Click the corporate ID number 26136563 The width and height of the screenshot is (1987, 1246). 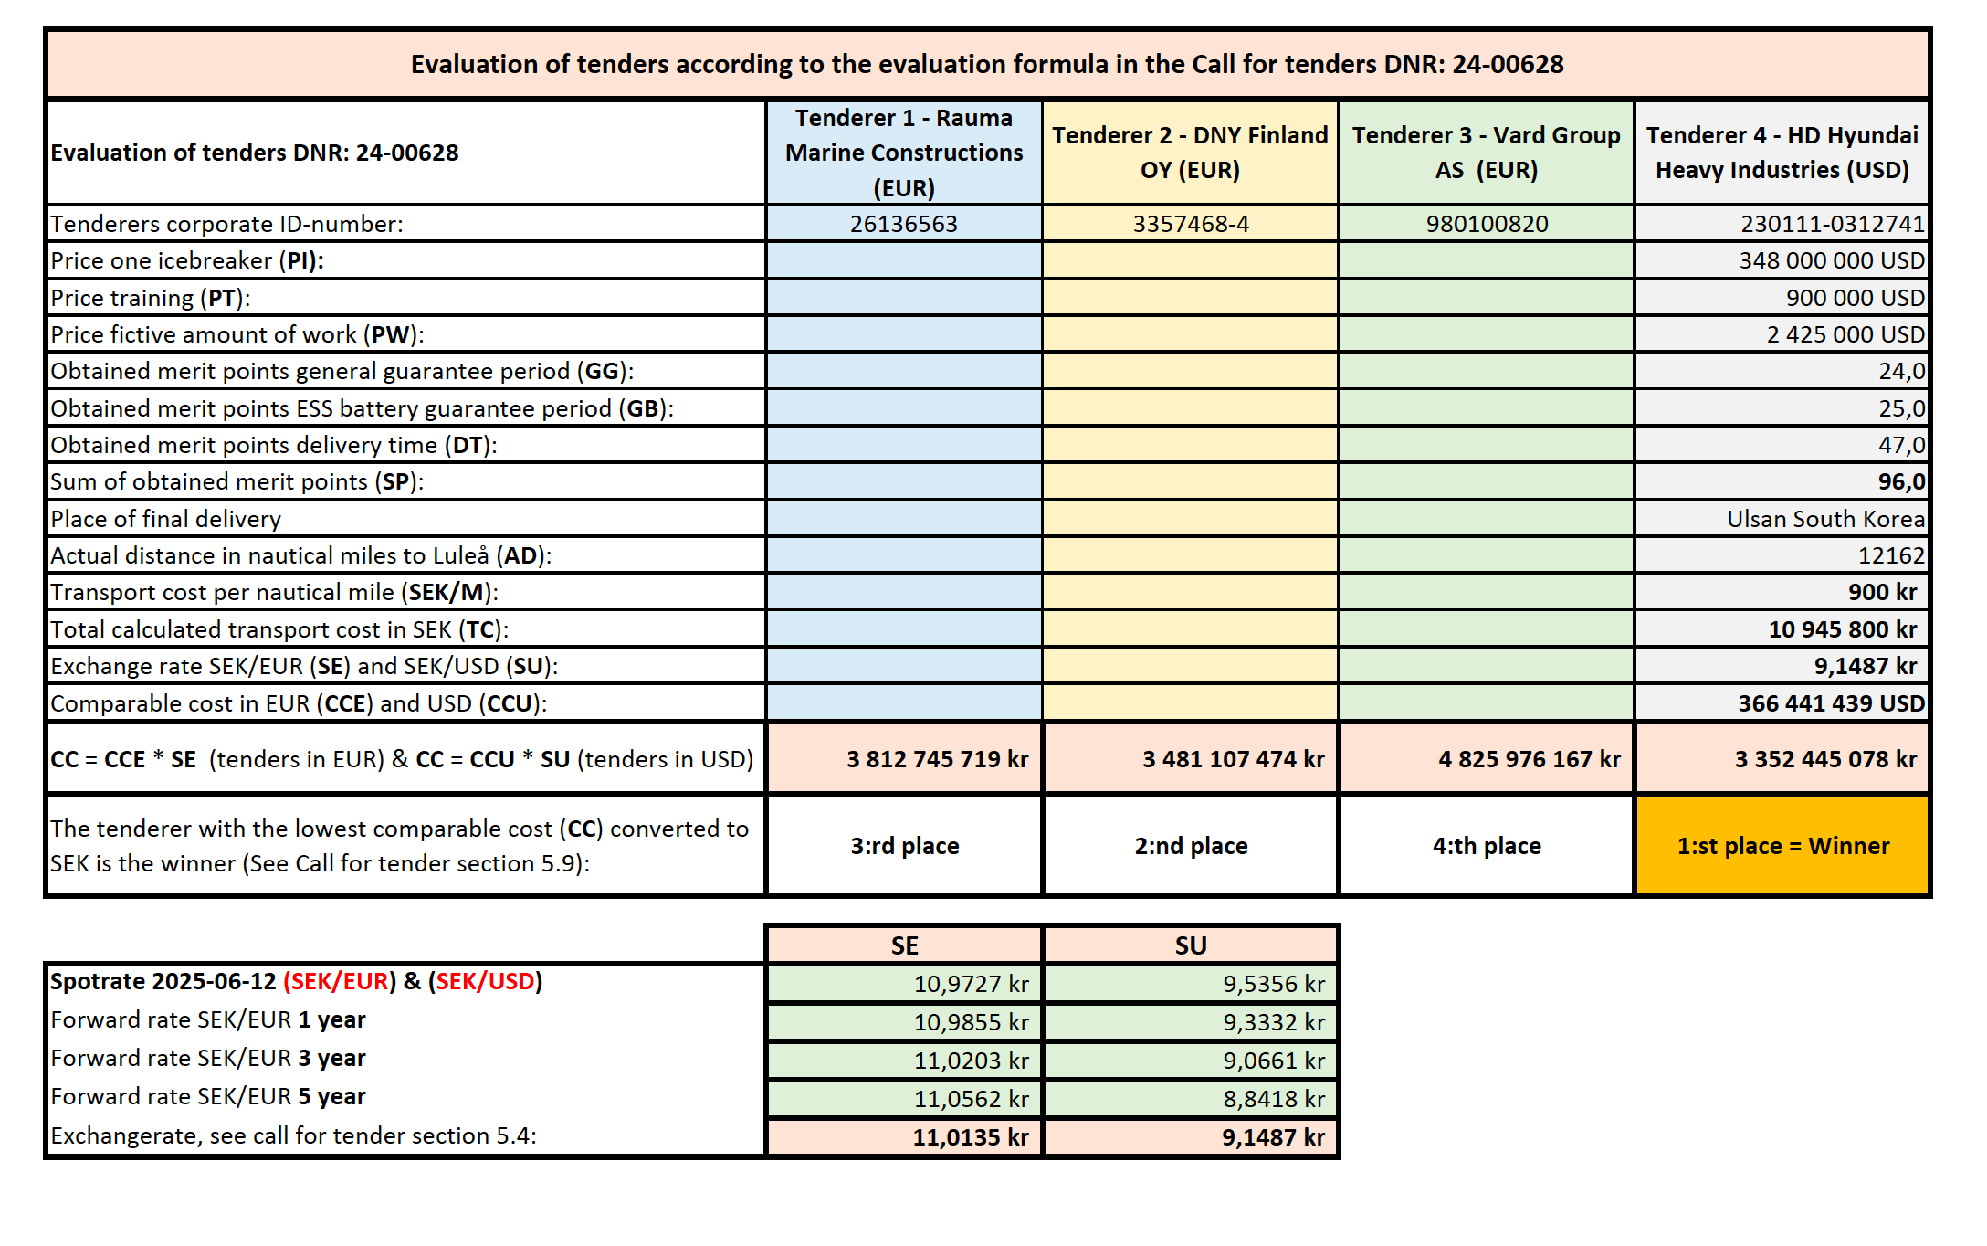pyautogui.click(x=903, y=224)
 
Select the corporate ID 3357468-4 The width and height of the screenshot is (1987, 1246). pyautogui.click(x=1190, y=224)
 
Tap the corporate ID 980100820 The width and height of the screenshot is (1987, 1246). pyautogui.click(x=1487, y=224)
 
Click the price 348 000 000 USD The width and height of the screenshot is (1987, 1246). pyautogui.click(x=1831, y=261)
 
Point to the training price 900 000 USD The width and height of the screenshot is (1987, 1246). pyautogui.click(x=1855, y=298)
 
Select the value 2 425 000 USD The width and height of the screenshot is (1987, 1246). pyautogui.click(x=1845, y=334)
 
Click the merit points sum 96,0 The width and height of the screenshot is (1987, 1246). pyautogui.click(x=1901, y=481)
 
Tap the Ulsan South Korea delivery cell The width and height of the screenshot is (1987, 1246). pyautogui.click(x=1825, y=519)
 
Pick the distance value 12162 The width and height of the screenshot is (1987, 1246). pyautogui.click(x=1890, y=555)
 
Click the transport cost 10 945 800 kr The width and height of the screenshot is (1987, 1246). pyautogui.click(x=1842, y=629)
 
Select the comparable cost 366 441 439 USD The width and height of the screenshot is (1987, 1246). pyautogui.click(x=1831, y=703)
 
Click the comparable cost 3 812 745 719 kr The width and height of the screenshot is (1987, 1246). pyautogui.click(x=937, y=759)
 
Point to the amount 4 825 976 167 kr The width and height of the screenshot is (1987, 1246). pyautogui.click(x=1529, y=759)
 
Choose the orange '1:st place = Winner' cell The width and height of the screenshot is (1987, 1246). pyautogui.click(x=1782, y=846)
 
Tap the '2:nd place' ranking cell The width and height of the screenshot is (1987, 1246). pyautogui.click(x=1191, y=846)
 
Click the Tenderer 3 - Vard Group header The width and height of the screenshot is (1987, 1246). pyautogui.click(x=1486, y=153)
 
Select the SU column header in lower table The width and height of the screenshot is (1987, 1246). pyautogui.click(x=1191, y=945)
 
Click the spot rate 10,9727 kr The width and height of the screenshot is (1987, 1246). pyautogui.click(x=971, y=984)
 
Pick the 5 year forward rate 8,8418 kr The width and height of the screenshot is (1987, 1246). pyautogui.click(x=1273, y=1099)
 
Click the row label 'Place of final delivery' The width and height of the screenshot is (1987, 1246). pyautogui.click(x=166, y=519)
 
